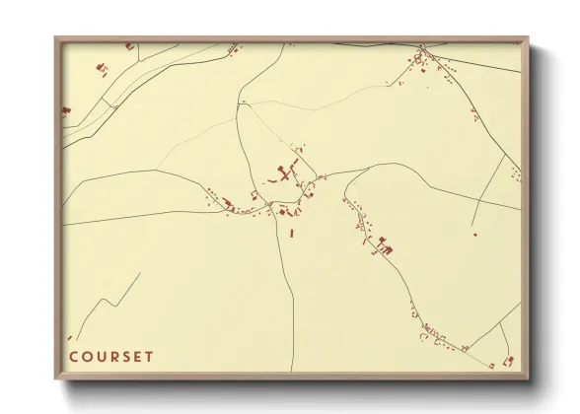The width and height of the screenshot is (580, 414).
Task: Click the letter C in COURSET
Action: click(73, 357)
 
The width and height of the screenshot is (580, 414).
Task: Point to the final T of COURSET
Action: click(150, 357)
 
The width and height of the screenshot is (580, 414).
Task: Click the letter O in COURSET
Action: click(87, 357)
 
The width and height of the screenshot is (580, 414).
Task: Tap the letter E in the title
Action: click(138, 357)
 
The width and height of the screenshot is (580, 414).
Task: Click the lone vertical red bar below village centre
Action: click(292, 233)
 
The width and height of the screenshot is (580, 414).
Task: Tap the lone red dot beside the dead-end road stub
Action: click(474, 235)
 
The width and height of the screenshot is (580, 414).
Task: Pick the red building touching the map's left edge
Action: click(65, 111)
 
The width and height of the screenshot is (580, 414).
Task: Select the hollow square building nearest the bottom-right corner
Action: click(508, 362)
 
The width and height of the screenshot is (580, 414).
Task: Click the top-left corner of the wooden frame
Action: click(55, 37)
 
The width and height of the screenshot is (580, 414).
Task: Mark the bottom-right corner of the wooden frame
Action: click(529, 380)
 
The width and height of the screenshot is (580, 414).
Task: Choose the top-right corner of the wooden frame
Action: click(529, 37)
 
